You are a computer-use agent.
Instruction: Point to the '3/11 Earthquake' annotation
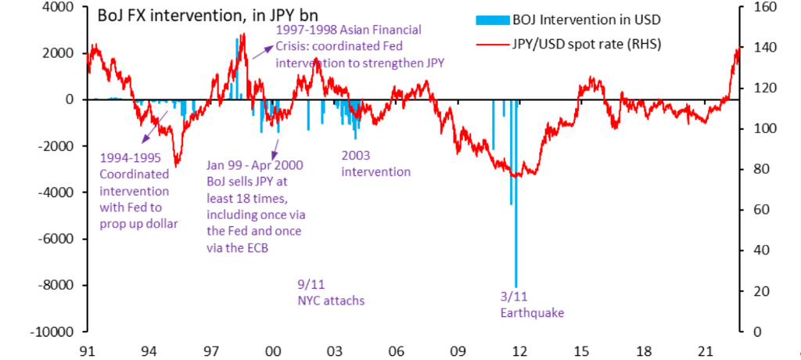[x=531, y=305]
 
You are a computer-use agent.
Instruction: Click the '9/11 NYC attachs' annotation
[x=331, y=293]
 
